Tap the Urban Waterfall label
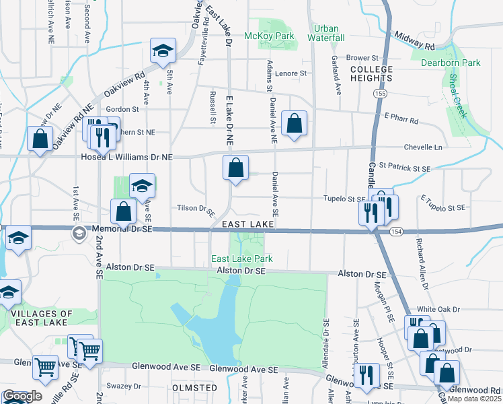326,33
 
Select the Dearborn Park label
451,63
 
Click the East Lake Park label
242,259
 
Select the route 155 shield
382,92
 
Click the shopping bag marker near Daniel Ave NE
295,123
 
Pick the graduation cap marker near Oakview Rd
162,50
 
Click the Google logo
22,396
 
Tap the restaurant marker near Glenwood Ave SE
366,375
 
